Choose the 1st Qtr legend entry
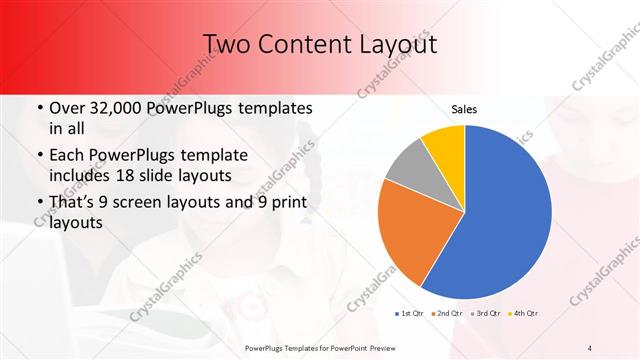point(413,314)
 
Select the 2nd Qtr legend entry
point(447,314)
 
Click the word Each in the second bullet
point(67,157)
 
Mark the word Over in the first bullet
point(67,108)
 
